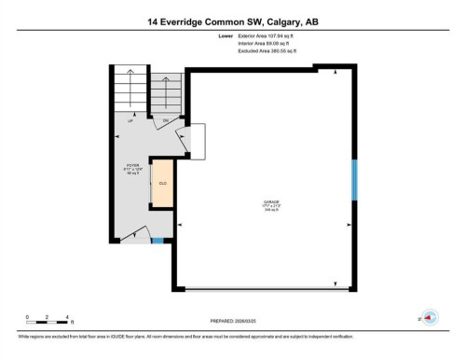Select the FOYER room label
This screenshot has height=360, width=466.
click(133, 164)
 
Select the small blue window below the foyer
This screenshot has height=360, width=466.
click(157, 242)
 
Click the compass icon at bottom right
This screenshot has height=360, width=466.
click(430, 317)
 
